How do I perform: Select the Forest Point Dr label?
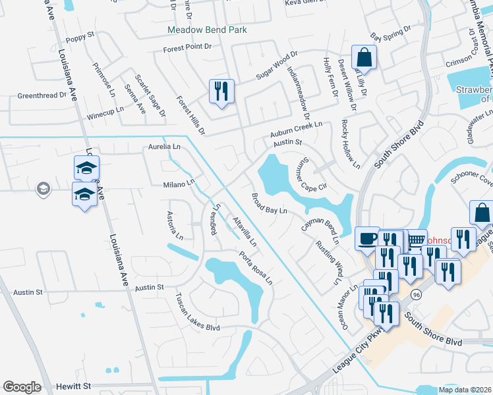click(x=188, y=48)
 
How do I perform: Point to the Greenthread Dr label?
click(x=42, y=95)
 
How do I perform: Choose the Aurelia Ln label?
click(x=164, y=146)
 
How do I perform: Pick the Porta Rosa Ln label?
click(x=255, y=268)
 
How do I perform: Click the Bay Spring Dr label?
click(x=390, y=33)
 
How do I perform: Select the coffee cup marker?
click(x=367, y=238)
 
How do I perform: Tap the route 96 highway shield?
click(x=415, y=294)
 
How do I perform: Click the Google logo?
click(x=22, y=387)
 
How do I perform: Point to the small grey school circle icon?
click(x=43, y=189)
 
